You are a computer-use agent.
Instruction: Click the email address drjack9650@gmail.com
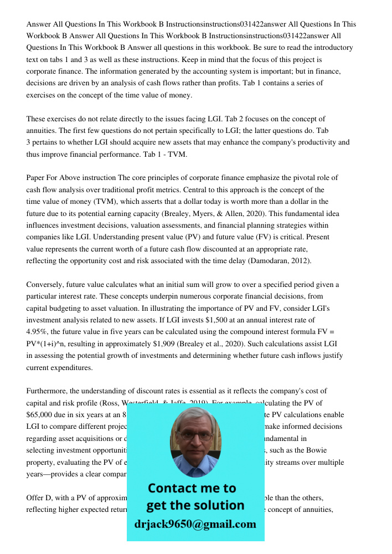(195, 524)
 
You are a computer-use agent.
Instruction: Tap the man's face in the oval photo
(195, 442)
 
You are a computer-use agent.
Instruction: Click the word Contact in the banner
(176, 489)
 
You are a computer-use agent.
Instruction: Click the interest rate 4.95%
(38, 332)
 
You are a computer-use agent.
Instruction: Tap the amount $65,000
(44, 415)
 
